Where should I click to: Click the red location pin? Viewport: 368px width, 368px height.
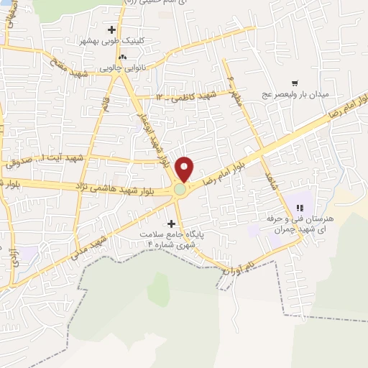(x=185, y=168)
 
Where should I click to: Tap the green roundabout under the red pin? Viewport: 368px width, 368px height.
(x=179, y=190)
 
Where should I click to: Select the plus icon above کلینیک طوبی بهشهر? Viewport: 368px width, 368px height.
(x=111, y=29)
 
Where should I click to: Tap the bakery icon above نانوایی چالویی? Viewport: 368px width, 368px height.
(x=122, y=55)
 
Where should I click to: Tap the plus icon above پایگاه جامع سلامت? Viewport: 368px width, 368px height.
(x=170, y=224)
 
